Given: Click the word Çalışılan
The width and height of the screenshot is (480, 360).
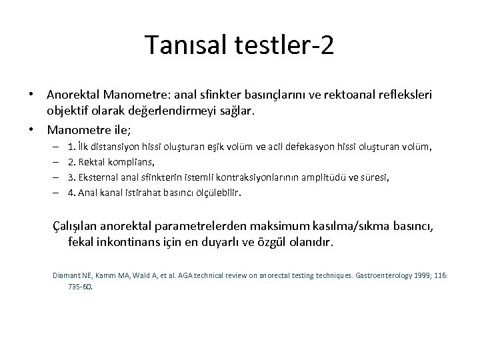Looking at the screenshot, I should click(77, 227).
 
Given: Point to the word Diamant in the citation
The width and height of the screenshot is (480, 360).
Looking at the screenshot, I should click(65, 275).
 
